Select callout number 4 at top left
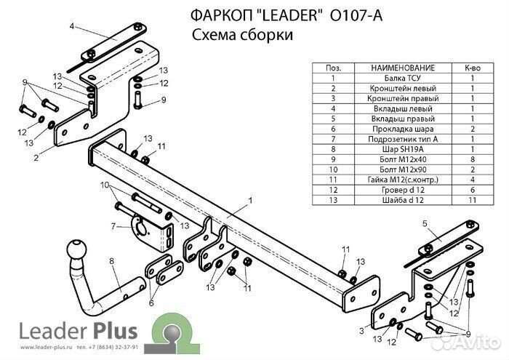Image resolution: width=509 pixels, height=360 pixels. (x=72, y=27)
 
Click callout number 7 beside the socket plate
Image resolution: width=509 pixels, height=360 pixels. (x=113, y=227)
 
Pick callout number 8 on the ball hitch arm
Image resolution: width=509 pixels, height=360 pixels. (x=111, y=260)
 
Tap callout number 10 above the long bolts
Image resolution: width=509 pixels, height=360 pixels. (x=104, y=184)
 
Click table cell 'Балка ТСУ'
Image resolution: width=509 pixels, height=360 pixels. (x=402, y=77)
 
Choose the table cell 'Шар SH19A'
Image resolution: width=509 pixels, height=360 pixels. (x=402, y=148)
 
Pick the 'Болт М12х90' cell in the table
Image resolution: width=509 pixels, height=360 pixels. (x=402, y=168)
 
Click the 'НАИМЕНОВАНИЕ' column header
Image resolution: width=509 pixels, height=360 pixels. (x=402, y=67)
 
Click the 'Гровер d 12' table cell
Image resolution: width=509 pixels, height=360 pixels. (x=402, y=188)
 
